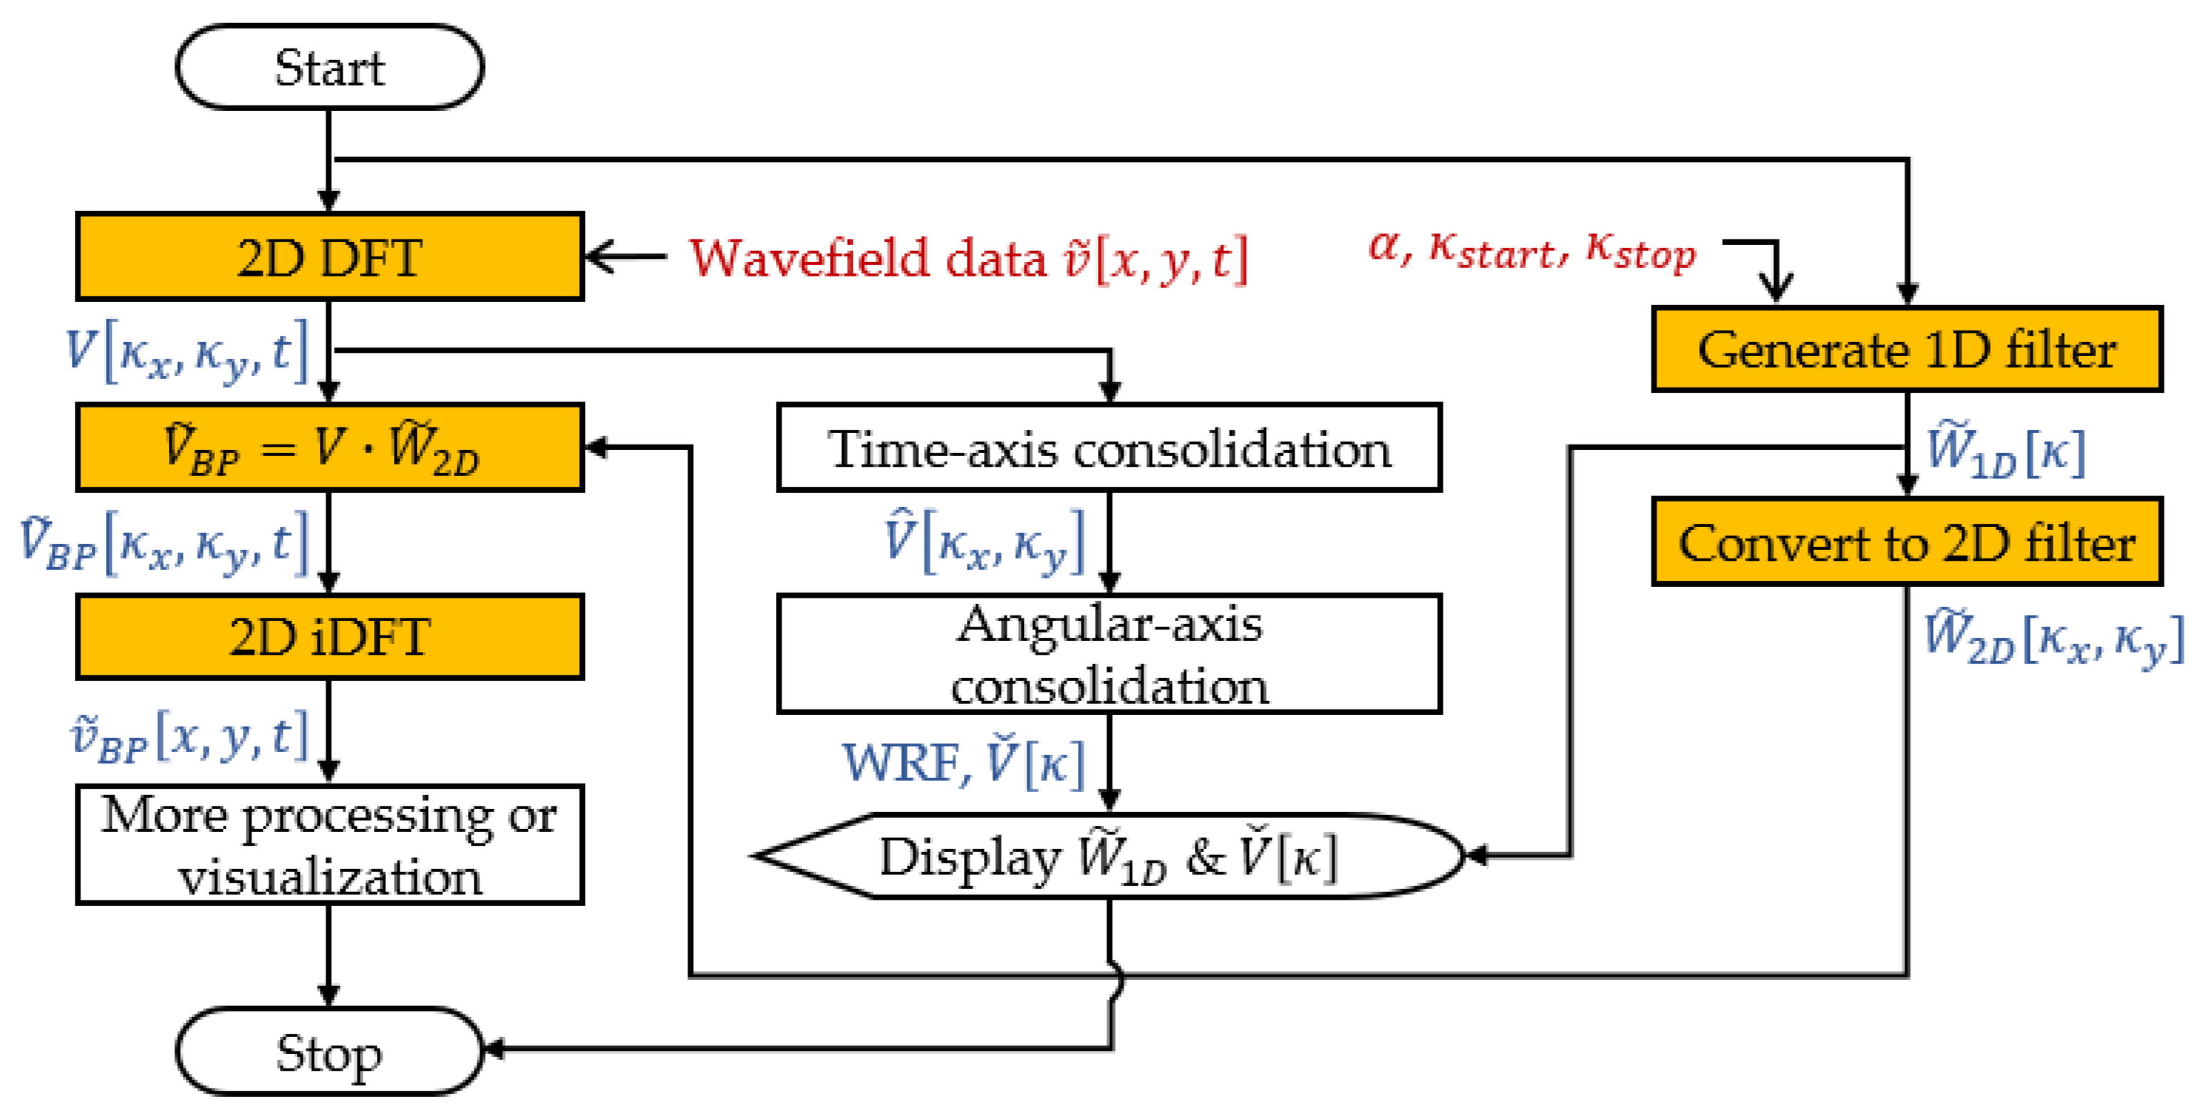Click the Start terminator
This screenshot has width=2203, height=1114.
click(329, 67)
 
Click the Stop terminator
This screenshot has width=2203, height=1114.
click(329, 1051)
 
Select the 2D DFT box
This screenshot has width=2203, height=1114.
click(329, 256)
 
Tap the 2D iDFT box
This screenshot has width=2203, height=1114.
click(329, 637)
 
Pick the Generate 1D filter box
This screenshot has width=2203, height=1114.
click(1907, 349)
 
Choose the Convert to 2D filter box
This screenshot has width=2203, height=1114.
click(1907, 543)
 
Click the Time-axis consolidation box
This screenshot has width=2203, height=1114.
click(1109, 448)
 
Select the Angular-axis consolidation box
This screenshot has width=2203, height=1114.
click(1109, 654)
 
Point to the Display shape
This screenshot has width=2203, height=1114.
click(1109, 856)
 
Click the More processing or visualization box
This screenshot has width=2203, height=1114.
click(329, 845)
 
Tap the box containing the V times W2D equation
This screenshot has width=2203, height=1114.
click(329, 447)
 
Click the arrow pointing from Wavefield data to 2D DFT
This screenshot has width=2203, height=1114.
click(624, 256)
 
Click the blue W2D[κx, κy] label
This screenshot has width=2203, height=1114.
click(2053, 637)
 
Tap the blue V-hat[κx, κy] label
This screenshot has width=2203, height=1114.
click(983, 541)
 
